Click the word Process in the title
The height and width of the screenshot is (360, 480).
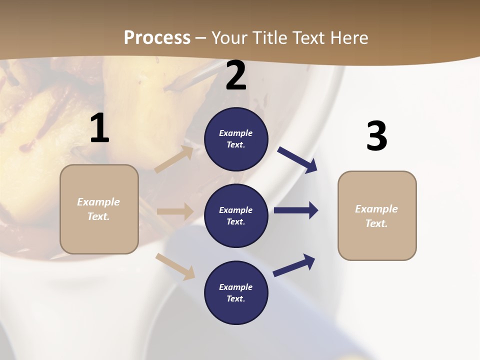[x=157, y=37]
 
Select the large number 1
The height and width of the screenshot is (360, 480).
[x=99, y=128]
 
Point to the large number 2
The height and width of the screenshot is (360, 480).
[x=236, y=76]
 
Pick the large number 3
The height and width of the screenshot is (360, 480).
[x=376, y=136]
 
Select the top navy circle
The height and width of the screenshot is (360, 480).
[x=236, y=139]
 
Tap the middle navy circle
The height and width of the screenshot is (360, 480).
[x=236, y=215]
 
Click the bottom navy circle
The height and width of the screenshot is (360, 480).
[x=236, y=292]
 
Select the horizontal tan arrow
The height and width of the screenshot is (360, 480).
[x=175, y=211]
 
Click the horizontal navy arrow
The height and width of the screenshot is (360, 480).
[x=296, y=210]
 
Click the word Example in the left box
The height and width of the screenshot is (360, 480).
[x=98, y=202]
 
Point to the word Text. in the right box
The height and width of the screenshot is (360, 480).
[x=376, y=223]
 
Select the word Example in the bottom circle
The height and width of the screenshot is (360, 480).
[x=236, y=287]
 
